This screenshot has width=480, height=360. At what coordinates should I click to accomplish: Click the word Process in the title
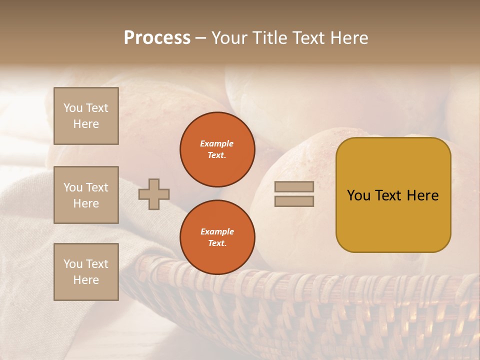pos(157,38)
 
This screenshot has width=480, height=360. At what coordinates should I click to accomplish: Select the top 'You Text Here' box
pos(86,116)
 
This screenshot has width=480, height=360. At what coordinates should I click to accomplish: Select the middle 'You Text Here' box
pos(86,195)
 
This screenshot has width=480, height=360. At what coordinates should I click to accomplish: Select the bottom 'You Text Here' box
pos(86,272)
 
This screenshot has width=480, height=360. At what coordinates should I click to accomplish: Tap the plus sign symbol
pos(154,194)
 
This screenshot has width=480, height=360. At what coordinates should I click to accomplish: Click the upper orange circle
pos(217,149)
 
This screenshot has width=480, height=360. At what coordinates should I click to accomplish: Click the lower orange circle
pos(217,237)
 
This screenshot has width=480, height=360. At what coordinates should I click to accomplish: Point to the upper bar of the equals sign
pos(294,187)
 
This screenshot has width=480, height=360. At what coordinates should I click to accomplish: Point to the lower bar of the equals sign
pos(294,201)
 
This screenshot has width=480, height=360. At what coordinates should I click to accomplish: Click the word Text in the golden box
pos(389,195)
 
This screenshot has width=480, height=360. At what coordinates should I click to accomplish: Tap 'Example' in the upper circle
pos(217,143)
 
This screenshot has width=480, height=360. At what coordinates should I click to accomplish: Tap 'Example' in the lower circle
pos(217,231)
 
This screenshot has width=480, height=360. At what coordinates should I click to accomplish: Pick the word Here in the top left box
pos(86,124)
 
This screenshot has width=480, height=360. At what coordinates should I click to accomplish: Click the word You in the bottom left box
pos(73,264)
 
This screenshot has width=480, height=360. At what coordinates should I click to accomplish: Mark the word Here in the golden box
pos(422,195)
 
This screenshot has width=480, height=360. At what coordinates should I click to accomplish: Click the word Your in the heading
pos(229,38)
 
